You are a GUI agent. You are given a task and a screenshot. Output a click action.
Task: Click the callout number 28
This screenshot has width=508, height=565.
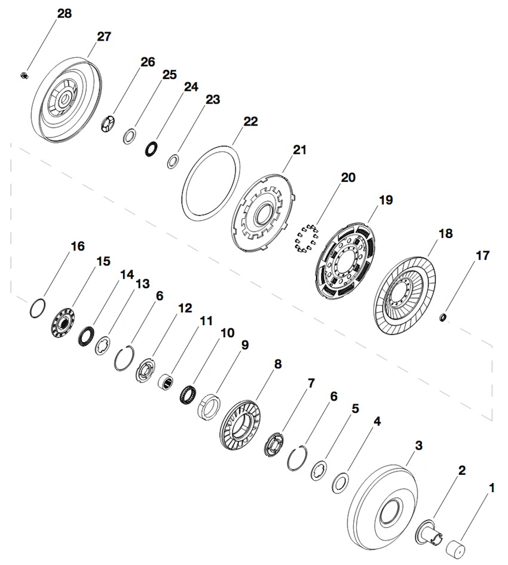(64, 13)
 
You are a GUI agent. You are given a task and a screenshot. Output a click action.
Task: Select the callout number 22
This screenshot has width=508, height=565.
(250, 121)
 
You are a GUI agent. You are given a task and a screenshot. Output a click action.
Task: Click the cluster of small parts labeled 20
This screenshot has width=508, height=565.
(305, 239)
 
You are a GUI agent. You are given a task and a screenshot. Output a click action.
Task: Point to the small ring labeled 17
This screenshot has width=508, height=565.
(443, 316)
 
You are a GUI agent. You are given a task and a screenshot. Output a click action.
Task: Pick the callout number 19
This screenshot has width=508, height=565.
(385, 200)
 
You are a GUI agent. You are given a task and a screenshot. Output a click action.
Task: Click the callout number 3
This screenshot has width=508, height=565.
(418, 445)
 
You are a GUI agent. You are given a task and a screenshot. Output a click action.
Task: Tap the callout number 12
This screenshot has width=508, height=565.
(185, 308)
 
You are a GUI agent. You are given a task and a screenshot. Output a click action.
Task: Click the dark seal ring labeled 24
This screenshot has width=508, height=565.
(152, 148)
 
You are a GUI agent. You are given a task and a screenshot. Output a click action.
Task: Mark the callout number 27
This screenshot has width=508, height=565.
(104, 36)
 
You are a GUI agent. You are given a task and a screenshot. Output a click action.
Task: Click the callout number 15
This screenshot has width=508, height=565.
(103, 261)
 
